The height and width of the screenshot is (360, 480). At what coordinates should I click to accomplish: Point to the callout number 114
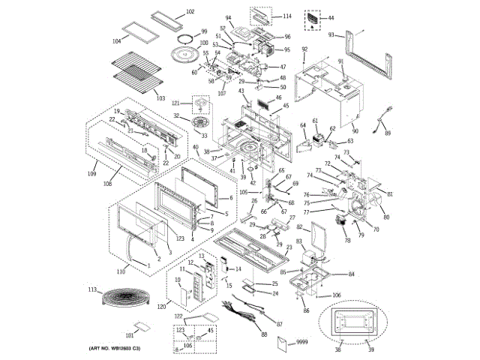point(286,16)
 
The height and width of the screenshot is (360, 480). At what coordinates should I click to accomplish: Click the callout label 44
point(331,16)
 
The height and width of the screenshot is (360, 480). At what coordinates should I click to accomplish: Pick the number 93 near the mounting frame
point(331,34)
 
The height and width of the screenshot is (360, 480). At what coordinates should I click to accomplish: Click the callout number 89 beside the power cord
point(388,133)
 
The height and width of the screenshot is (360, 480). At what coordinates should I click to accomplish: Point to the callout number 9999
point(301,342)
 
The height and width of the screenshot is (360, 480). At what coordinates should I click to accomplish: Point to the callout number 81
point(388,196)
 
